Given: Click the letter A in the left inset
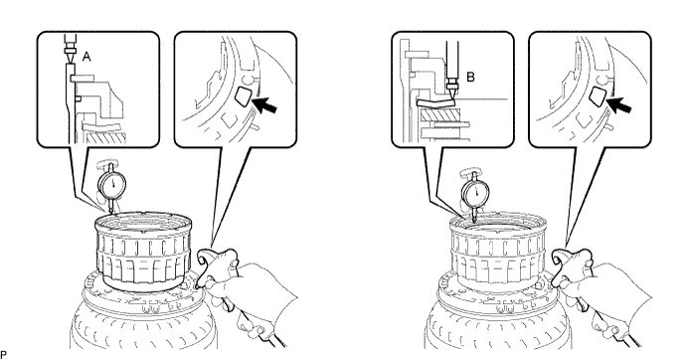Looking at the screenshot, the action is coord(86,57).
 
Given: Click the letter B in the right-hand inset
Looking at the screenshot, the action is coord(470,78).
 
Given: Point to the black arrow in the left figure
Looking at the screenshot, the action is coord(265,104).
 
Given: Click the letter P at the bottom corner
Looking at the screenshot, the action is coord(3,353).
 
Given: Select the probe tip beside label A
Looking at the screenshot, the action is coord(70,59).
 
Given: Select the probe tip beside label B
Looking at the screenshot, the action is coord(452,92).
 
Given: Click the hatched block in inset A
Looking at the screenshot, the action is coord(105,138).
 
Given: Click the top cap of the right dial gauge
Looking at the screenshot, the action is coord(472,174).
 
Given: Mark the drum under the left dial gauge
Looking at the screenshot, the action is coord(142,251).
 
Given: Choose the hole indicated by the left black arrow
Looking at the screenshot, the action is coord(242,95).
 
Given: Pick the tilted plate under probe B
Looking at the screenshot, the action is coord(435,103).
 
